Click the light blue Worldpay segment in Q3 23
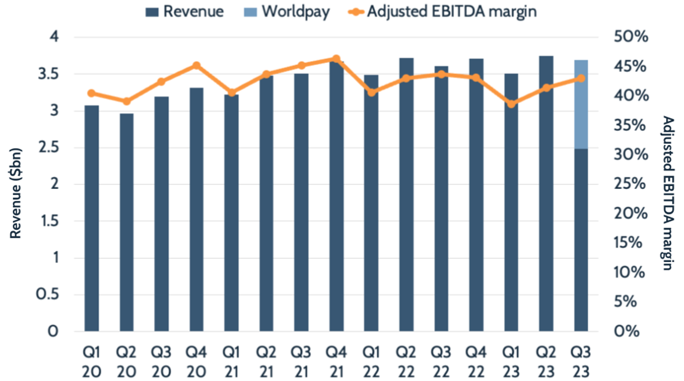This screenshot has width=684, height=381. tap(581, 104)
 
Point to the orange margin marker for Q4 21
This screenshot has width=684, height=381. tap(336, 59)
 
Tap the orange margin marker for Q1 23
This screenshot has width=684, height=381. tap(511, 104)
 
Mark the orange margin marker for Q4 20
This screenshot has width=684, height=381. tap(196, 65)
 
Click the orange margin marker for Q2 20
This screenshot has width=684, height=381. tap(126, 101)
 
